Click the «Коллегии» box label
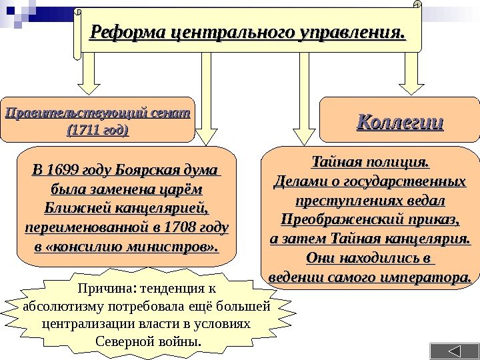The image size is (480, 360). click(x=400, y=121)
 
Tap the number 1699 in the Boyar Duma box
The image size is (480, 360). click(x=68, y=167)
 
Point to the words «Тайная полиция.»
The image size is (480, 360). click(x=370, y=162)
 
